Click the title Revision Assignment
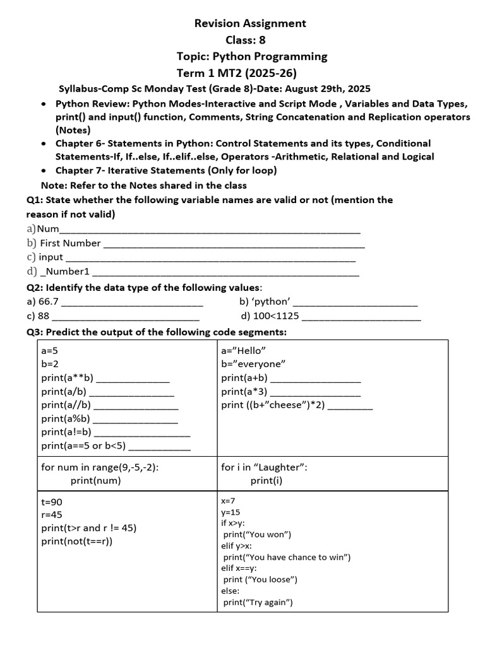click(x=250, y=23)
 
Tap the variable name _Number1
click(x=65, y=272)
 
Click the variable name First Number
click(x=70, y=243)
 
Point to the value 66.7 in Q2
click(x=49, y=302)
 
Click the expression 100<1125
click(x=277, y=316)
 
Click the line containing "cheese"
click(x=273, y=405)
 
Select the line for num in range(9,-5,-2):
click(x=100, y=467)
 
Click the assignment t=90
click(x=52, y=502)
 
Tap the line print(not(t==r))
click(x=77, y=541)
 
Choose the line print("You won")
click(x=257, y=535)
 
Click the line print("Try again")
click(x=258, y=602)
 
